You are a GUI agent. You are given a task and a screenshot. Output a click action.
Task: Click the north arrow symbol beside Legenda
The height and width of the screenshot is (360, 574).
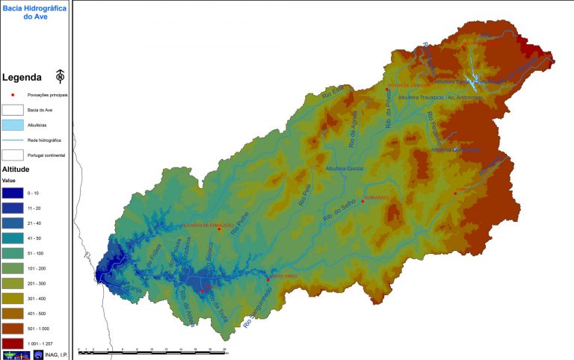coord(60,76)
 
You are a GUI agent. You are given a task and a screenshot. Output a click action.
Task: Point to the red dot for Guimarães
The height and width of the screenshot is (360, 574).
coord(362,201)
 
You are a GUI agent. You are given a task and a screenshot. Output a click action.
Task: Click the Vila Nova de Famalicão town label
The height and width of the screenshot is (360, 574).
coord(203,225)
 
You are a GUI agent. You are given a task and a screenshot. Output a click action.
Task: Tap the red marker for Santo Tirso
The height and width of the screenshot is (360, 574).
coord(269,279)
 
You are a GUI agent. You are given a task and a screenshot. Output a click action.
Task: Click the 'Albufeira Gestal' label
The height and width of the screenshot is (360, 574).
coord(344,169)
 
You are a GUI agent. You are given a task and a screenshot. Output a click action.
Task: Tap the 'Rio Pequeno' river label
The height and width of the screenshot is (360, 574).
coord(434,127)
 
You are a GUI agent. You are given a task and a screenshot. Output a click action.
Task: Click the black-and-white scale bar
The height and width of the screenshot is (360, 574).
coord(156,351)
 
